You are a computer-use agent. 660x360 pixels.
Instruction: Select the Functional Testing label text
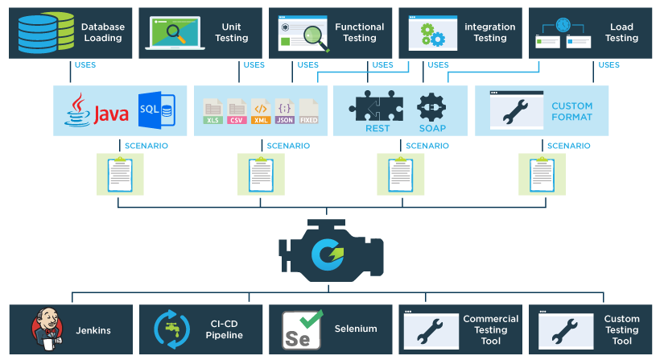[360, 32]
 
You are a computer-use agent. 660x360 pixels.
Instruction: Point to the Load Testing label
[621, 32]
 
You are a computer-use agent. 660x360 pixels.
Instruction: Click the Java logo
[97, 111]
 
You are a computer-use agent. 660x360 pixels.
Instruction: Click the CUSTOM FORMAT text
[571, 111]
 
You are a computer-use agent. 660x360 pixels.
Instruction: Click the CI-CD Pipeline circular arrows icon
[171, 329]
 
